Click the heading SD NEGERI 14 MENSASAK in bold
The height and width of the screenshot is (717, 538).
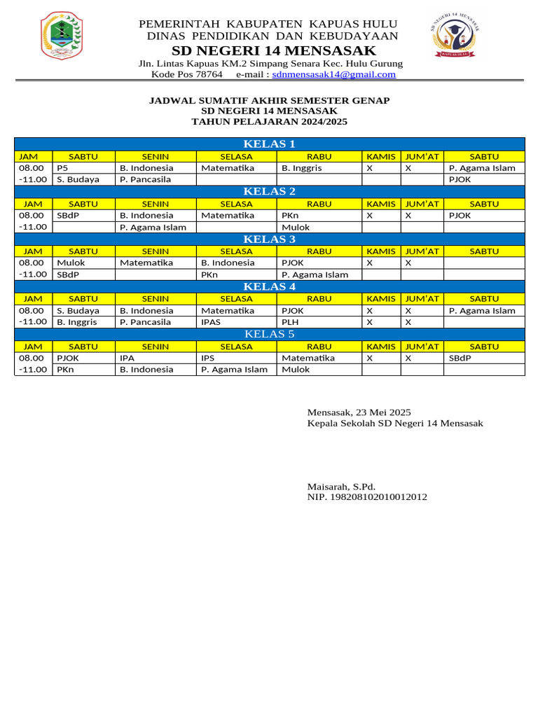point(274,51)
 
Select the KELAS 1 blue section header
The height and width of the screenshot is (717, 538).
point(269,144)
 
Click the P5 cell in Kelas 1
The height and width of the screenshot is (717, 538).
point(63,168)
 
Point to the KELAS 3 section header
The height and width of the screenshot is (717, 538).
point(269,239)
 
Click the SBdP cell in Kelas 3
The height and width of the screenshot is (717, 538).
point(68,274)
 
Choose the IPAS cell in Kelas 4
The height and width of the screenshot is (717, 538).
point(211,322)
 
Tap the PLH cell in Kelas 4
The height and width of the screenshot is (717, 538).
point(290,322)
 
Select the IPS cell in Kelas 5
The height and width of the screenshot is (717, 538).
point(207,358)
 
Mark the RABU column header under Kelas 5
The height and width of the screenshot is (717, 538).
point(319,347)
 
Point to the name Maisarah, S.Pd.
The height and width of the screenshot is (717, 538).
point(341,486)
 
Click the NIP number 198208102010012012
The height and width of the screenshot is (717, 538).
point(367,497)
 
